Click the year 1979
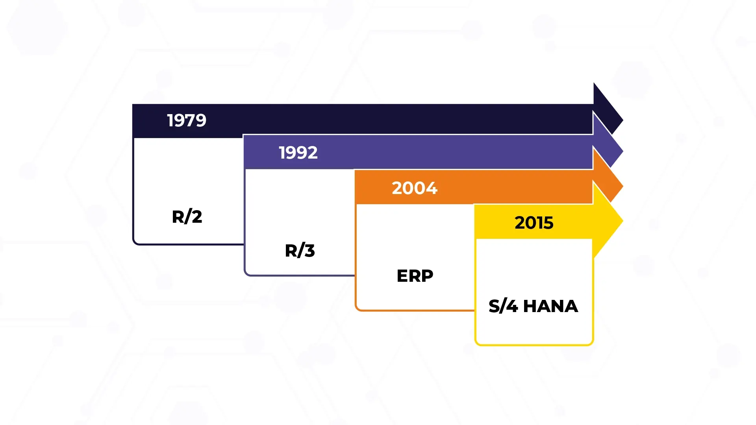tap(187, 120)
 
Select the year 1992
tap(298, 153)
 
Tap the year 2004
tap(415, 188)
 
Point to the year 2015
tap(534, 223)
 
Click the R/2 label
tap(187, 216)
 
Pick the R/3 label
tap(300, 250)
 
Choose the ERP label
tap(415, 275)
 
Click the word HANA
tap(550, 306)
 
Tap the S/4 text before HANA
tap(503, 306)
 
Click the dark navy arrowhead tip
tap(623, 120)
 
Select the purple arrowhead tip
tap(623, 152)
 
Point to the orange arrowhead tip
tap(623, 186)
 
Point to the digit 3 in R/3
tap(310, 251)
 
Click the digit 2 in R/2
tap(197, 217)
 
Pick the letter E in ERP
tap(402, 275)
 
